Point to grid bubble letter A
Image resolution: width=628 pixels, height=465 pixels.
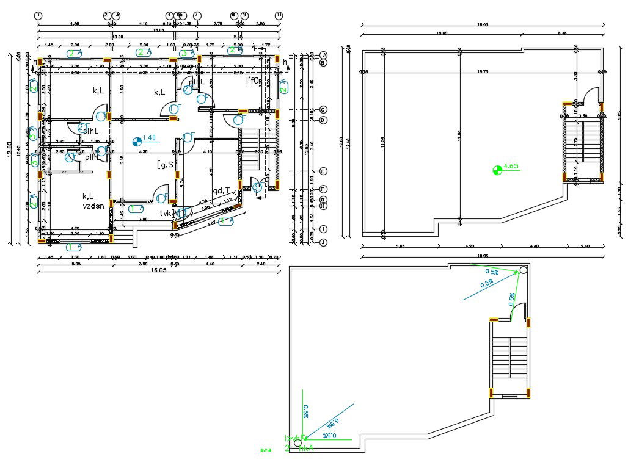pyautogui.click(x=324, y=55)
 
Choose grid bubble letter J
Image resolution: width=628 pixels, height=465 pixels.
pyautogui.click(x=324, y=242)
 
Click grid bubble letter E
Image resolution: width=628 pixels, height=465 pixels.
pyautogui.click(x=324, y=171)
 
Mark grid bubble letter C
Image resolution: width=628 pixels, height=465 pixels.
pyautogui.click(x=324, y=110)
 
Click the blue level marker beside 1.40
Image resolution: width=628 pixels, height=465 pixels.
pyautogui.click(x=136, y=142)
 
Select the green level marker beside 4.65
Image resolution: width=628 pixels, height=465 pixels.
pyautogui.click(x=497, y=170)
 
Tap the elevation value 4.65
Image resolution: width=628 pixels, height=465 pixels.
pyautogui.click(x=512, y=166)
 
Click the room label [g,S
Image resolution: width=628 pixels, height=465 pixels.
pyautogui.click(x=164, y=164)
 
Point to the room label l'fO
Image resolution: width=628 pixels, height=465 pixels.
pyautogui.click(x=254, y=81)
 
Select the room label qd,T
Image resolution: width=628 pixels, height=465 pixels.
pyautogui.click(x=221, y=190)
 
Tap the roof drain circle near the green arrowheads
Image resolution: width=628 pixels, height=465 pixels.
pyautogui.click(x=524, y=270)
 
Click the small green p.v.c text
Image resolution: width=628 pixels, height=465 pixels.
pyautogui.click(x=266, y=450)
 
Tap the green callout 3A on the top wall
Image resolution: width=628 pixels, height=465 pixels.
pyautogui.click(x=187, y=53)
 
